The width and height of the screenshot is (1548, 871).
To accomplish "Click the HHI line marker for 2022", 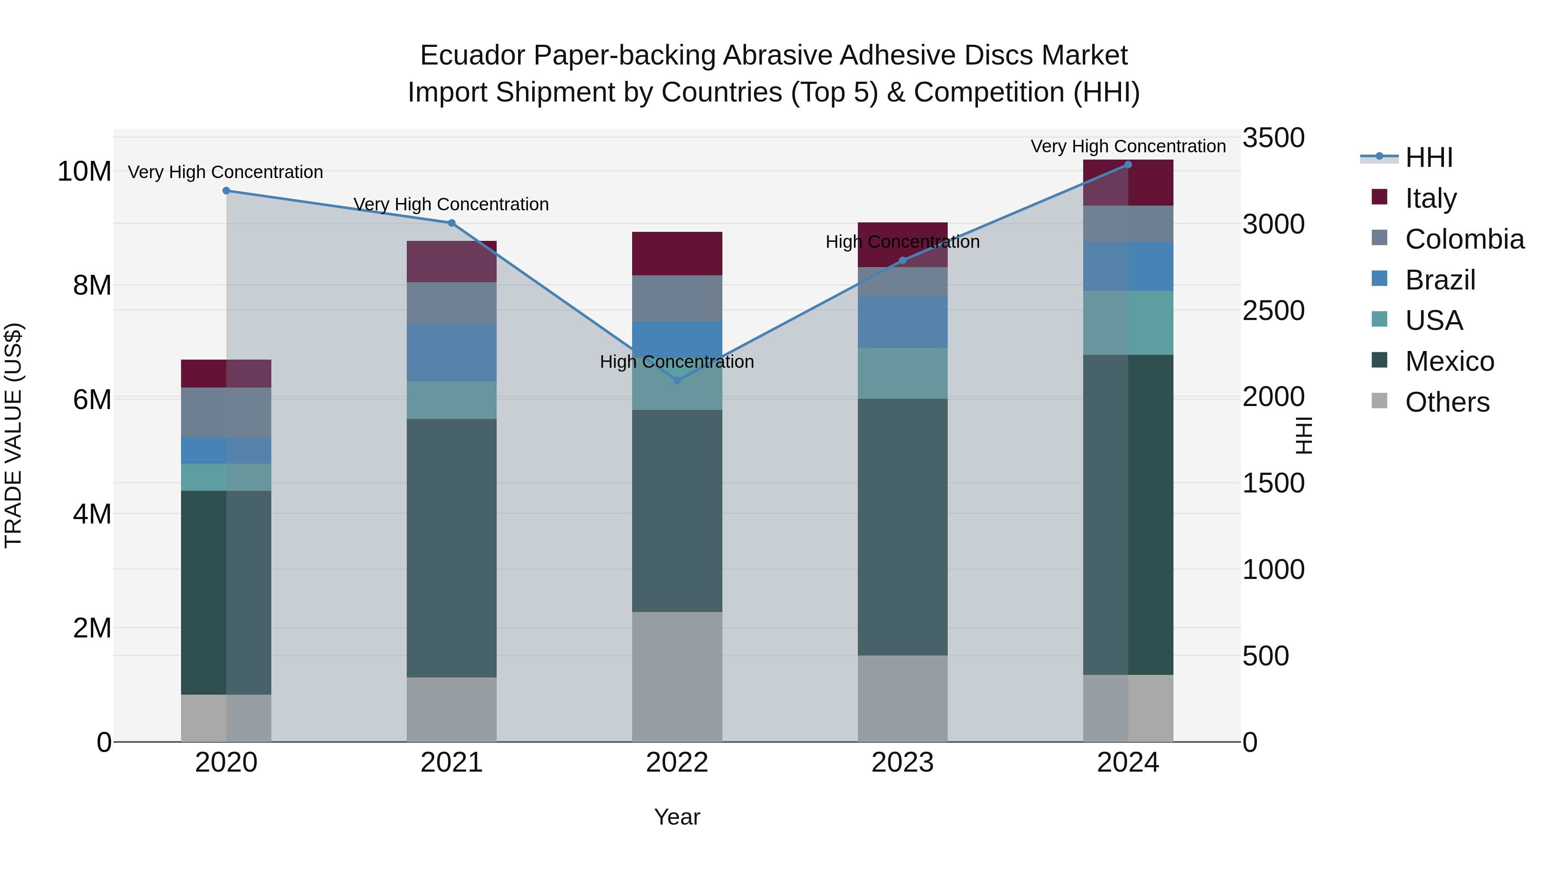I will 677,381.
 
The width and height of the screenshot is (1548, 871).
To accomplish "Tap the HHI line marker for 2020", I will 226,191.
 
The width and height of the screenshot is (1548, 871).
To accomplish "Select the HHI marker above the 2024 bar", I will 1128,165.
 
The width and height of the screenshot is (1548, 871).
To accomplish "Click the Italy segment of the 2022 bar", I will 677,254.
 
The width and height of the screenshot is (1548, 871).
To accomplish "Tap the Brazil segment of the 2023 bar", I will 903,322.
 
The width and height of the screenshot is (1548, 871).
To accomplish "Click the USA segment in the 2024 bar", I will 1128,323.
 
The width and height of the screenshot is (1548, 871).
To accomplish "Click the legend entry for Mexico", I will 1450,361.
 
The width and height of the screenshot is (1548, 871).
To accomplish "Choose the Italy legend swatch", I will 1380,197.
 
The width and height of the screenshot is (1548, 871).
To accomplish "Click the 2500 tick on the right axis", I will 1273,311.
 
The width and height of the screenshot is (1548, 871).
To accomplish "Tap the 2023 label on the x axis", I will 903,763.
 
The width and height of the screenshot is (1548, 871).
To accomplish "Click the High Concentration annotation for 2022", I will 677,362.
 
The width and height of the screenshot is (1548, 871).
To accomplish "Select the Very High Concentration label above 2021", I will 451,204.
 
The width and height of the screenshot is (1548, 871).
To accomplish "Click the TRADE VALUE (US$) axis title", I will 13,435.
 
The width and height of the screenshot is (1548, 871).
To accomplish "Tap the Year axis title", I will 677,817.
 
